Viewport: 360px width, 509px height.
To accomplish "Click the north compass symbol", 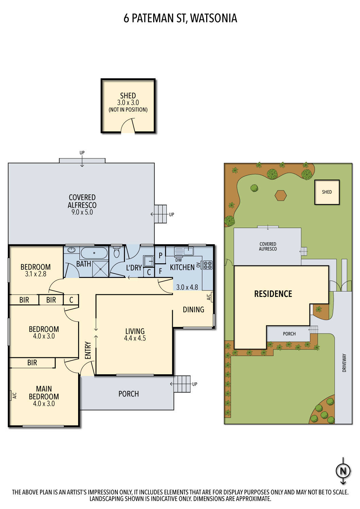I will [343, 471].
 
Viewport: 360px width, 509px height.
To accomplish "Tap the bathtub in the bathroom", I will [94, 252].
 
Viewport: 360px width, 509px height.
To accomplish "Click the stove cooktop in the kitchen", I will [208, 265].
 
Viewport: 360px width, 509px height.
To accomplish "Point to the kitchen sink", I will [184, 251].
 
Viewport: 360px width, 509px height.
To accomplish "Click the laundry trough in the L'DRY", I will [148, 261].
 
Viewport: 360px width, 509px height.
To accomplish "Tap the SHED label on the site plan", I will [327, 192].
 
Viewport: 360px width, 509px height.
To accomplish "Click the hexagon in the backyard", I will [281, 195].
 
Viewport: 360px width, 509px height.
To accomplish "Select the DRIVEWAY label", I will [344, 363].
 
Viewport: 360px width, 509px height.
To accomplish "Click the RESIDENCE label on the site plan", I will [273, 294].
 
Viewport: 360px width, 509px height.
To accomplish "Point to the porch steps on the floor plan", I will [182, 384].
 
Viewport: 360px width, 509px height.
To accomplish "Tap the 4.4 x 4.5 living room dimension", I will [135, 338].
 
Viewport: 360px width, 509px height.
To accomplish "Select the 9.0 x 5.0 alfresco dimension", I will [82, 212].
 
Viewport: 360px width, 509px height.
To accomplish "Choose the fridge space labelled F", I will [160, 271].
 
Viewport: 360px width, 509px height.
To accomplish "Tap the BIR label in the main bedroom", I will [32, 363].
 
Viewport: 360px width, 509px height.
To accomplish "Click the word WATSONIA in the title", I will [213, 18].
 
